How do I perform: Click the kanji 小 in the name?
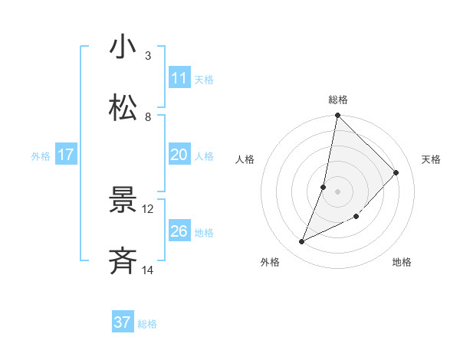click(123, 47)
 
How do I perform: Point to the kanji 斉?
click(123, 260)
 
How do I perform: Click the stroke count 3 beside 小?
click(148, 56)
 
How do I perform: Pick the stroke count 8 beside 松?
click(148, 117)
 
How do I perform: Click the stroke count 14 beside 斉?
click(148, 270)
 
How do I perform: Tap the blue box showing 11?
click(179, 78)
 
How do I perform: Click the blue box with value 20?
click(179, 155)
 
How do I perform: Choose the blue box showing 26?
click(179, 231)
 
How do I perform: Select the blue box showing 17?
click(66, 155)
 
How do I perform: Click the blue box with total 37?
click(123, 322)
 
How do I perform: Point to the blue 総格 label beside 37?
click(147, 324)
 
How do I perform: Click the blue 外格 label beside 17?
click(41, 156)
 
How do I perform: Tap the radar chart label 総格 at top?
click(338, 100)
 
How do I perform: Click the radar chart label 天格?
click(432, 159)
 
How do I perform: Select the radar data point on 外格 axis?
click(302, 242)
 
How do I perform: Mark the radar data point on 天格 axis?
click(396, 172)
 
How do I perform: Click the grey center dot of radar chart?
click(338, 191)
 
